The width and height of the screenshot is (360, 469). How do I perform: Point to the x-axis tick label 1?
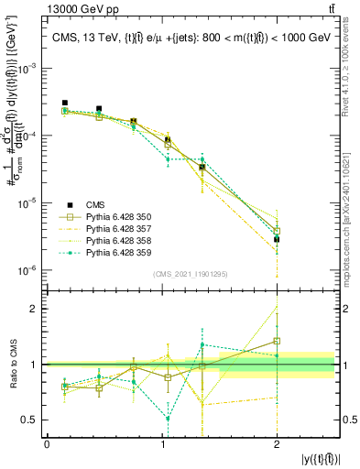(161, 443)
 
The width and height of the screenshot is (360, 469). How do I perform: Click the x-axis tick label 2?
(277, 443)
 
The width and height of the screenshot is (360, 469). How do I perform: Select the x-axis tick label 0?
(47, 443)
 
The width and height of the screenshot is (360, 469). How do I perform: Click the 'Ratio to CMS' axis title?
(12, 365)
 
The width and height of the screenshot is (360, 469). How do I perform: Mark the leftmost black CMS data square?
(65, 104)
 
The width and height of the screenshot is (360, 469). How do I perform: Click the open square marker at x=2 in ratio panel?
(277, 341)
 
